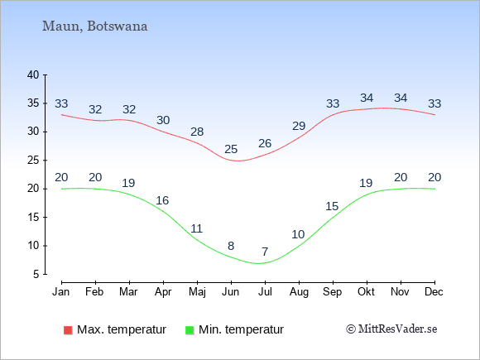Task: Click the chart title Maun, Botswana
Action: pos(94,26)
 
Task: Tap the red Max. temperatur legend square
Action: pos(68,330)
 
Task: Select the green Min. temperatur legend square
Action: pos(190,330)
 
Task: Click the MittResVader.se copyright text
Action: pos(391,329)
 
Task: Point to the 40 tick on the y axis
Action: pos(33,74)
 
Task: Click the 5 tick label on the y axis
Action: pos(36,274)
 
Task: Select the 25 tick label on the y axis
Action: pos(33,160)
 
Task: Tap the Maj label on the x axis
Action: pos(197,292)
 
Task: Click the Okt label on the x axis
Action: pos(366,292)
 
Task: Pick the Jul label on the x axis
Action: pos(265,292)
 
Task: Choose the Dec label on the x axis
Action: pos(434,292)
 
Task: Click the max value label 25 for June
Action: pos(231,150)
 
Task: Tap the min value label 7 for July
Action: pos(265,252)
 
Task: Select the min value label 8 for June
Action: pos(231,246)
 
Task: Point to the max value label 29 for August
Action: pos(299,126)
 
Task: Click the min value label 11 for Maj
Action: pos(196,228)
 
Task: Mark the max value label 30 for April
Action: pos(163,120)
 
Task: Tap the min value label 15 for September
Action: pos(332,206)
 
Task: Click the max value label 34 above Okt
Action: pos(367,98)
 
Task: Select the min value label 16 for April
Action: pos(162,200)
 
